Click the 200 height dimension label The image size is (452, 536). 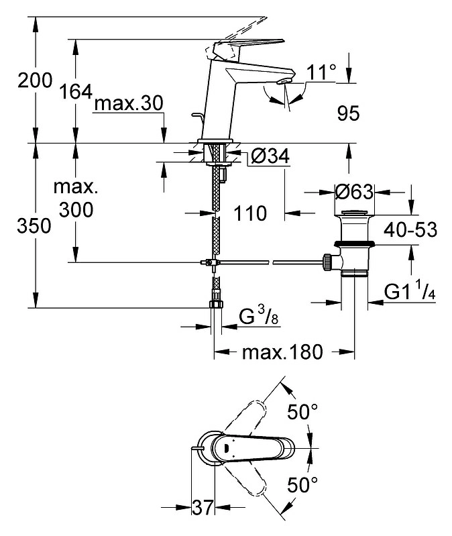(x=35, y=81)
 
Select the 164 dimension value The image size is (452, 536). (x=76, y=92)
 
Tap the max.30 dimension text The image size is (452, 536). (x=129, y=103)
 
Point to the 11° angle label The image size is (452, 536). (x=321, y=72)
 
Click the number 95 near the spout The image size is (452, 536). (x=349, y=113)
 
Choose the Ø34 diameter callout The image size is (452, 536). (x=270, y=156)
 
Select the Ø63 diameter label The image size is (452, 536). (x=354, y=192)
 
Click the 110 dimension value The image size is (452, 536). (x=250, y=213)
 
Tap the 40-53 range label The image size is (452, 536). (x=410, y=229)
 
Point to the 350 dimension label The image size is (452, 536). (x=34, y=226)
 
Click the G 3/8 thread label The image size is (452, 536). (x=259, y=317)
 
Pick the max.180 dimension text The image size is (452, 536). (x=282, y=352)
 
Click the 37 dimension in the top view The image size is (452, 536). (x=203, y=507)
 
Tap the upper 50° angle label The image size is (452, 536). (x=302, y=412)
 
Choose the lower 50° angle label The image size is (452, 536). (x=302, y=484)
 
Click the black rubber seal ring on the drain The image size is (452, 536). (x=354, y=244)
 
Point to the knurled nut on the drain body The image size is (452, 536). (x=327, y=262)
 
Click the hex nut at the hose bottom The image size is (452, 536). (x=215, y=305)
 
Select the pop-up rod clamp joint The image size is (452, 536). (x=209, y=262)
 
